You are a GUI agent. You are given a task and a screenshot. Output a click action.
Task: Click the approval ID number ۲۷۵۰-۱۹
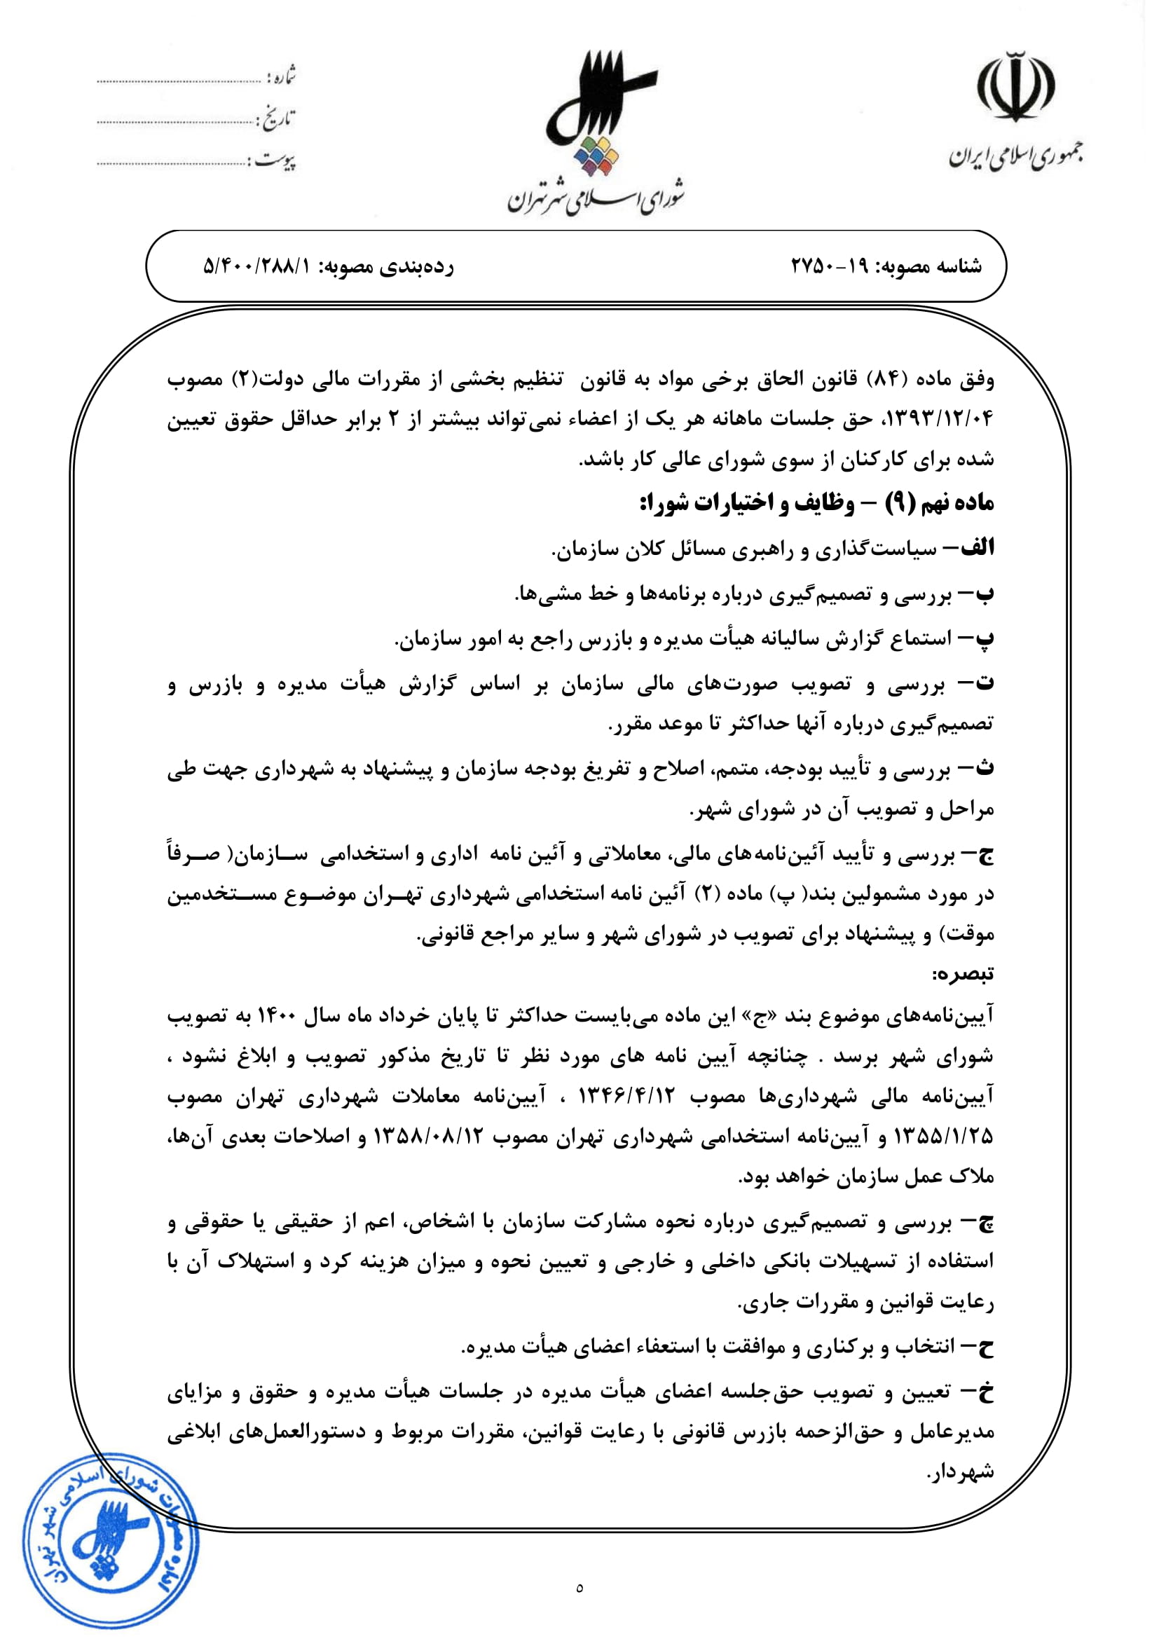pyautogui.click(x=829, y=266)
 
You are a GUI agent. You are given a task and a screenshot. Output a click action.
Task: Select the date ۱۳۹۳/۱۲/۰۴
pyautogui.click(x=939, y=420)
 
